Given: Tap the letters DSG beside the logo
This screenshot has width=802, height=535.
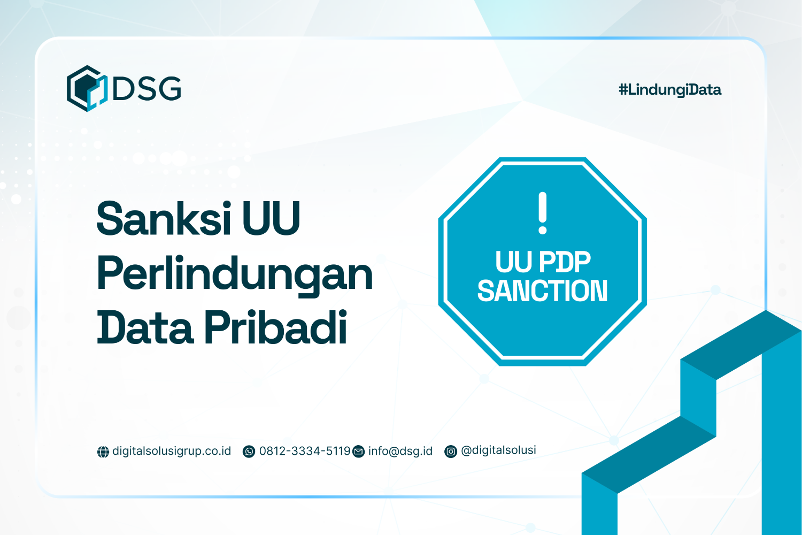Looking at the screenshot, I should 147,88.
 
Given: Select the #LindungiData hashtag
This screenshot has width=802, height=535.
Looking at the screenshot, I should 669,89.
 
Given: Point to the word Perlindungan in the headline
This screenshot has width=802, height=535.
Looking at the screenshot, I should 234,274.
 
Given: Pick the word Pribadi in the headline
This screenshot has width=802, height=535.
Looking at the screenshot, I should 276,327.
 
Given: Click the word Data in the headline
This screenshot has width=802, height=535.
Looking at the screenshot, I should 144,327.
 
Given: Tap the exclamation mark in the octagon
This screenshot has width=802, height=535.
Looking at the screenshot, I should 543,213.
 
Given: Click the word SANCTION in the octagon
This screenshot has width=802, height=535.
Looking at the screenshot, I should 542,291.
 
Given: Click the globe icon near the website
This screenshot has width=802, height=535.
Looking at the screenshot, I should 103,452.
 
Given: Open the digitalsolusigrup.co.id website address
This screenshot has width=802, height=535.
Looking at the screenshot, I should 172,451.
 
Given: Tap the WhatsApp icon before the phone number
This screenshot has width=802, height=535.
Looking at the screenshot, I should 249,452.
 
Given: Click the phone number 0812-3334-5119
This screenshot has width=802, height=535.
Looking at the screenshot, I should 305,451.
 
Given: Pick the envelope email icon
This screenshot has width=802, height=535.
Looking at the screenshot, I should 359,452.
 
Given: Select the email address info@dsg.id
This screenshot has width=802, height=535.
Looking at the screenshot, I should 400,451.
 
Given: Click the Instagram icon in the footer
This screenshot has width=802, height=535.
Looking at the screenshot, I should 451,452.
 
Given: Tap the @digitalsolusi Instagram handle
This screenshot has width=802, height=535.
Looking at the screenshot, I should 498,450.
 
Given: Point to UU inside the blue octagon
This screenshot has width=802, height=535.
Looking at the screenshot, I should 514,262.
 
